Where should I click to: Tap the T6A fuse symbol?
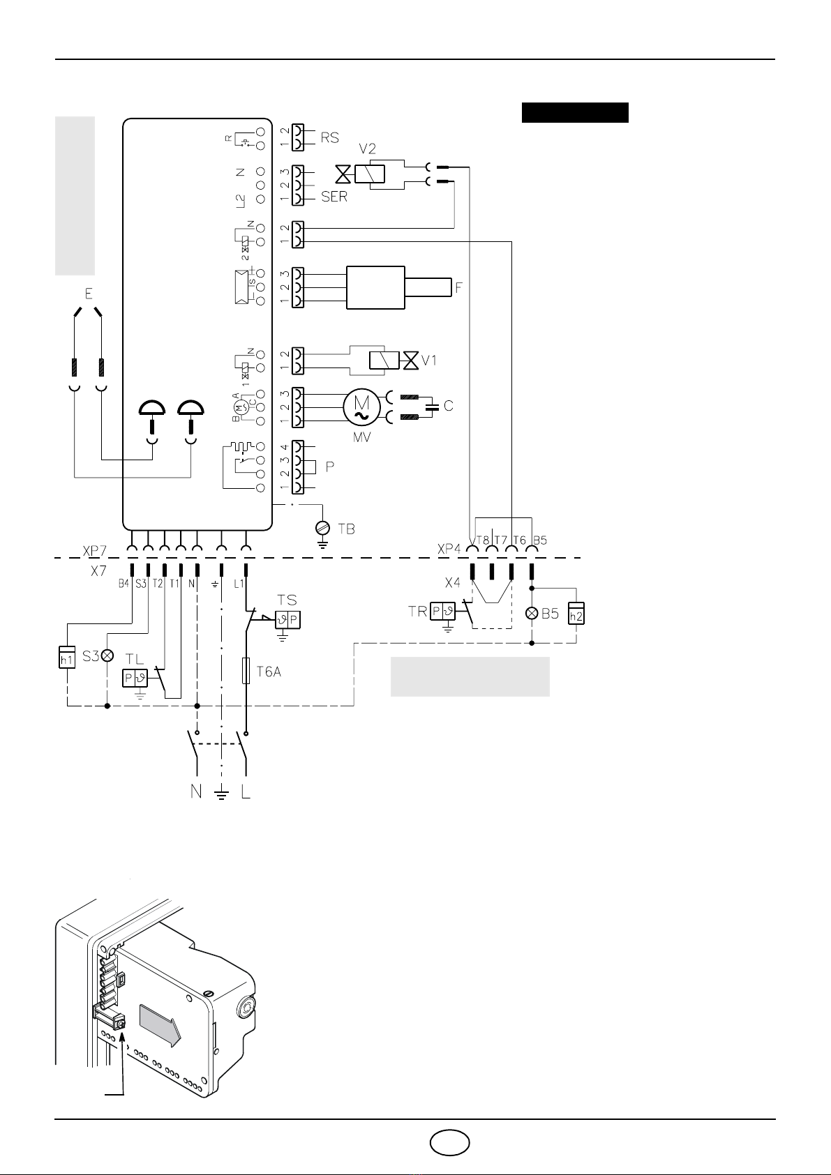[x=246, y=671]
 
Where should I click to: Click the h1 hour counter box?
[x=67, y=658]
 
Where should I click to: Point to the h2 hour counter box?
[x=576, y=613]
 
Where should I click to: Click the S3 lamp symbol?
[x=107, y=655]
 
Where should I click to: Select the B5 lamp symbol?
[x=532, y=614]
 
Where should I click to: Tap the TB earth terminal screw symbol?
[x=322, y=528]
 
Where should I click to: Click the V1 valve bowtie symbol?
[x=410, y=361]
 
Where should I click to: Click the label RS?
[x=329, y=138]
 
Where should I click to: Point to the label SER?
[x=334, y=197]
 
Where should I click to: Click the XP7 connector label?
[x=94, y=550]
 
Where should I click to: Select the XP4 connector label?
[x=449, y=549]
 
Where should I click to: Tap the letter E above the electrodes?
[x=89, y=294]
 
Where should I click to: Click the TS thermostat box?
[x=288, y=619]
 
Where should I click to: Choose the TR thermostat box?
[x=442, y=612]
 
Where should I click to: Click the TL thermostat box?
[x=135, y=678]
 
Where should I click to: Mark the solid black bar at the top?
[x=575, y=112]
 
